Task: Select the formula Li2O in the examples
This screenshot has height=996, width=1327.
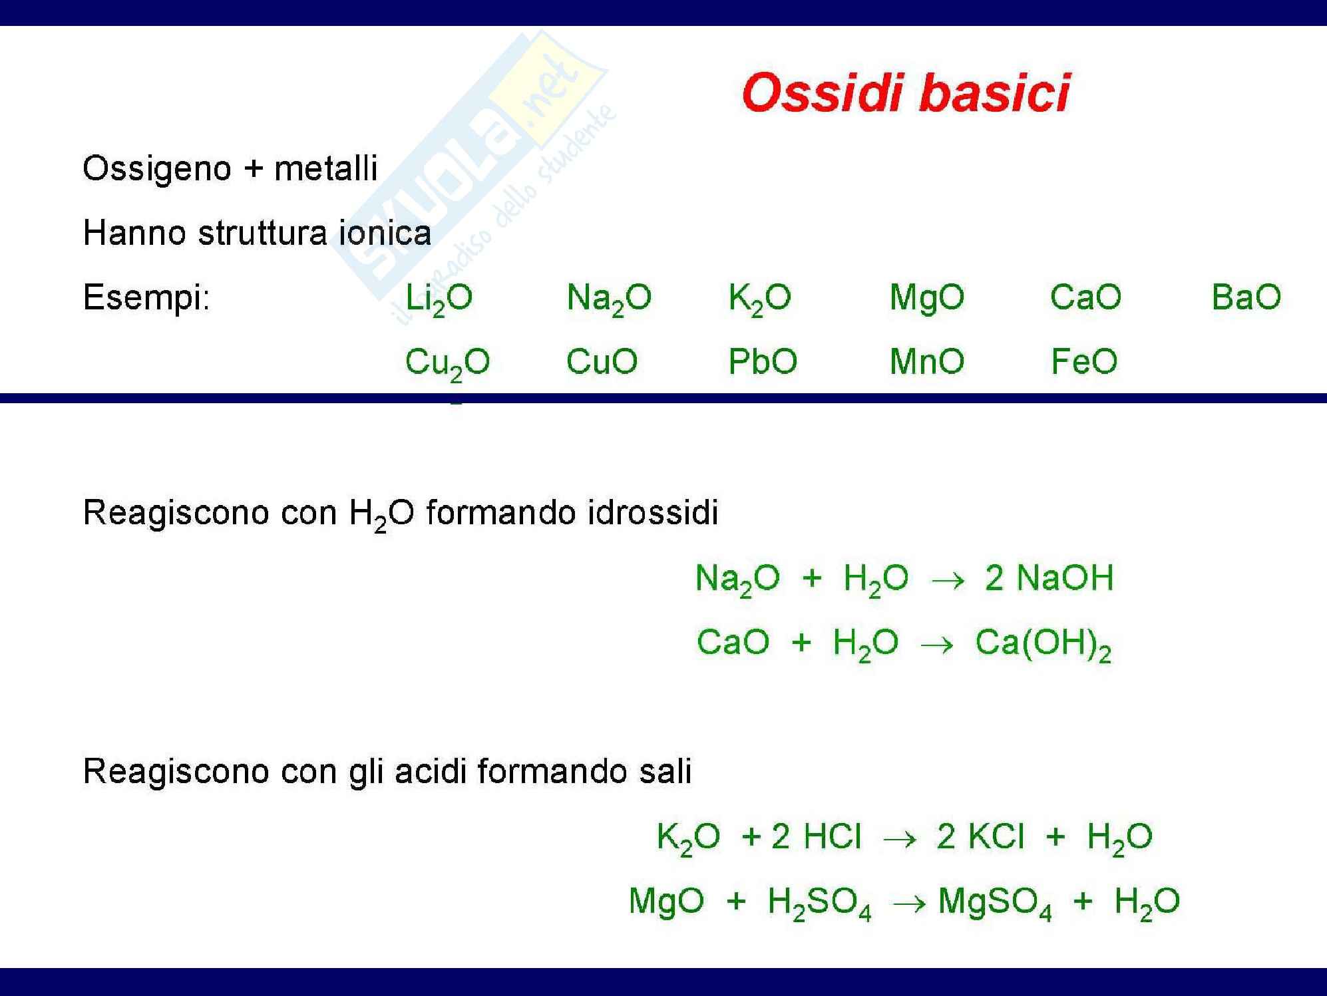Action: (x=439, y=299)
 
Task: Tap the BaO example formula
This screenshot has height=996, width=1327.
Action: (x=1246, y=297)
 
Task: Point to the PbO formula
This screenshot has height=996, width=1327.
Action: (x=763, y=362)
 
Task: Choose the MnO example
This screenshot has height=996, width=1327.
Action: (x=926, y=362)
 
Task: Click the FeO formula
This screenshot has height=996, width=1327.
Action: (x=1084, y=362)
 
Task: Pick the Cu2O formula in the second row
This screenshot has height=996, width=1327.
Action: (x=447, y=364)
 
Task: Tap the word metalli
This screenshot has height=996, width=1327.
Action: (x=326, y=168)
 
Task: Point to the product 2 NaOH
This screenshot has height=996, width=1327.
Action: (x=1049, y=578)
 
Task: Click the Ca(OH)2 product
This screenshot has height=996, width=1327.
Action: (x=1043, y=644)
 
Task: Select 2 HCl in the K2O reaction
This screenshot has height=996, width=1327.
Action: (x=816, y=836)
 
